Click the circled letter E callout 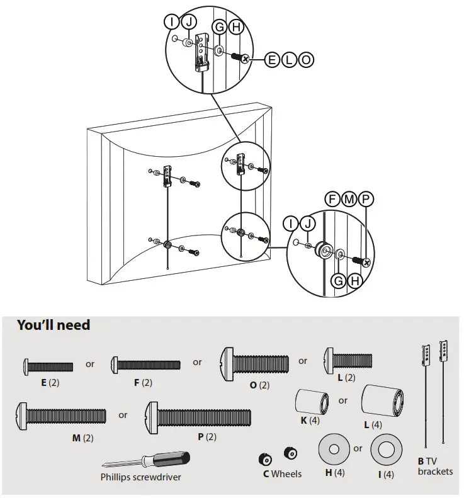point(272,60)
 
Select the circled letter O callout point(305,60)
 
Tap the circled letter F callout point(332,199)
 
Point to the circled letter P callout point(366,199)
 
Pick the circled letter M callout point(349,199)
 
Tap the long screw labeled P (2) point(198,417)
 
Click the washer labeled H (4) point(334,450)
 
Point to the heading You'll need point(54,325)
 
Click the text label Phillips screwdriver point(140,477)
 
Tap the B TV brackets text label point(435,466)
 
